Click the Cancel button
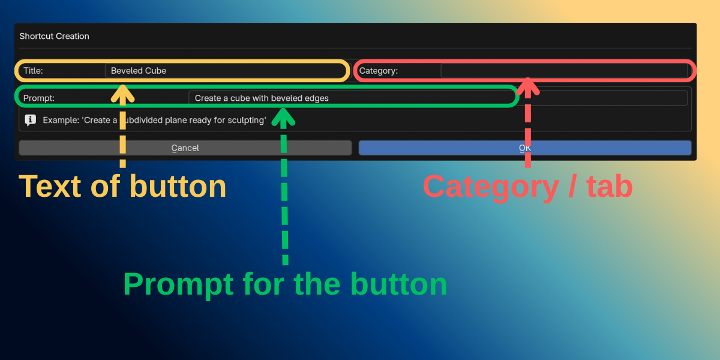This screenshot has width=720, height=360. click(185, 148)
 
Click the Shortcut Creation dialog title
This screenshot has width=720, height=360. click(55, 36)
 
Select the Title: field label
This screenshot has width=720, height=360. click(33, 71)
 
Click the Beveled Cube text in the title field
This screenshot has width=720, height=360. click(139, 71)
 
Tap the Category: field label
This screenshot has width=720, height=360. click(379, 71)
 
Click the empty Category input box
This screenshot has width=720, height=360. click(564, 71)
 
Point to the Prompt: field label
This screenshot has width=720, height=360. click(39, 98)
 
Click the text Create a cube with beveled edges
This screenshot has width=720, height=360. click(262, 98)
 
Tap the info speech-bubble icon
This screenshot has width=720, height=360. click(31, 120)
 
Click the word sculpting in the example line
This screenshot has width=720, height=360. click(247, 120)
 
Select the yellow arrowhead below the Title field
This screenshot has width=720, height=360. click(122, 94)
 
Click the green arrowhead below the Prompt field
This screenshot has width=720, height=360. click(283, 117)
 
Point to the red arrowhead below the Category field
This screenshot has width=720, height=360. click(528, 87)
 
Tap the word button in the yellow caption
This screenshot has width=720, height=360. click(178, 187)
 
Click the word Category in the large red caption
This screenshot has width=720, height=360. click(491, 187)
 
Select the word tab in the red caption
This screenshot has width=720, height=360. click(610, 187)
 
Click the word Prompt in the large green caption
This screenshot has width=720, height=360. click(178, 285)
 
